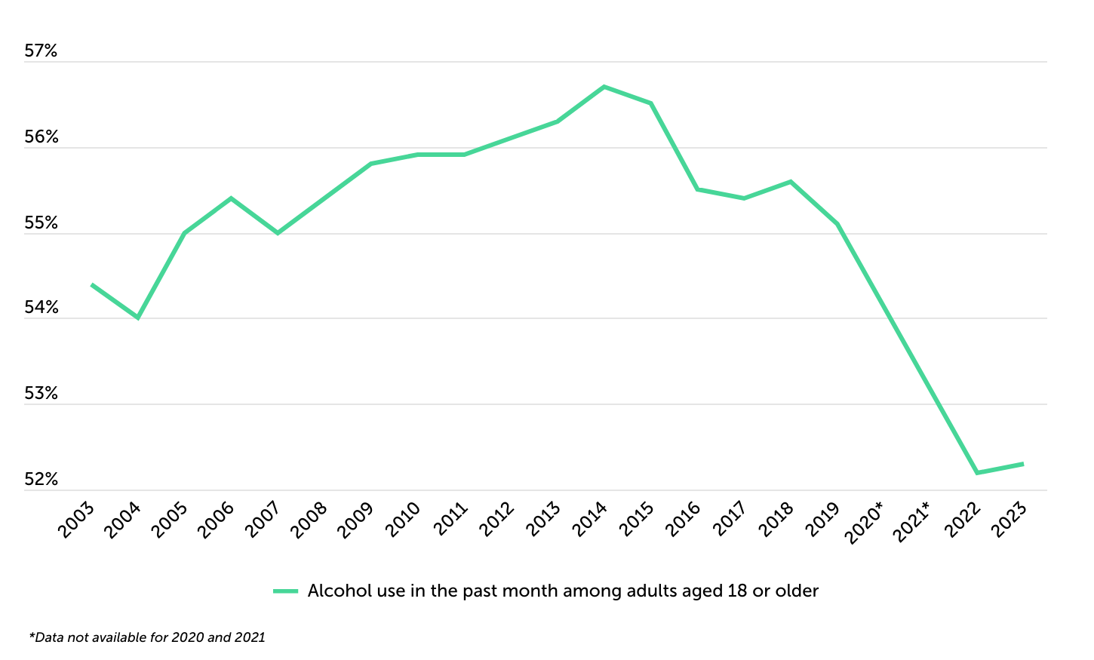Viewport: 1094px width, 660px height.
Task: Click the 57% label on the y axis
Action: pyautogui.click(x=41, y=51)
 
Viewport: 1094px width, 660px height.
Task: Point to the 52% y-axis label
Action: pyautogui.click(x=41, y=480)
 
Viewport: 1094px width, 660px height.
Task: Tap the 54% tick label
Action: pyautogui.click(x=41, y=308)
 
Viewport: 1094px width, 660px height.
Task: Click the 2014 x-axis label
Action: pyautogui.click(x=590, y=520)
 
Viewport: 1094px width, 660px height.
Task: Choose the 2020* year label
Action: pyautogui.click(x=865, y=522)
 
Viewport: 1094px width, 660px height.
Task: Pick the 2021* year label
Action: pyautogui.click(x=911, y=522)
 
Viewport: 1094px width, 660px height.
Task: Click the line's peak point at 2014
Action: pyautogui.click(x=604, y=87)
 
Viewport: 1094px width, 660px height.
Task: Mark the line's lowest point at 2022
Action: pyautogui.click(x=976, y=472)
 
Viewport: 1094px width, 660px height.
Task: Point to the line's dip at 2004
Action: pyautogui.click(x=138, y=318)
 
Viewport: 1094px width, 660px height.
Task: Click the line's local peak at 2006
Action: pyautogui.click(x=231, y=198)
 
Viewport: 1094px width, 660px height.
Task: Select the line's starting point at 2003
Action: pyautogui.click(x=92, y=284)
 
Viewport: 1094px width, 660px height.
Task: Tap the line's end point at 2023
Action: pyautogui.click(x=1022, y=464)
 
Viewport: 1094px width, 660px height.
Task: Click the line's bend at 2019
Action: pyautogui.click(x=837, y=224)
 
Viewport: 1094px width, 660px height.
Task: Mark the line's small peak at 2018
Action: pyautogui.click(x=790, y=181)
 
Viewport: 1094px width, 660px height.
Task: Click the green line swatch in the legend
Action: pyautogui.click(x=286, y=591)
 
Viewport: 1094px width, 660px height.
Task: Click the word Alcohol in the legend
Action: pyautogui.click(x=330, y=591)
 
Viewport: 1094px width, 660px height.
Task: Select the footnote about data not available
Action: pyautogui.click(x=147, y=637)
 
